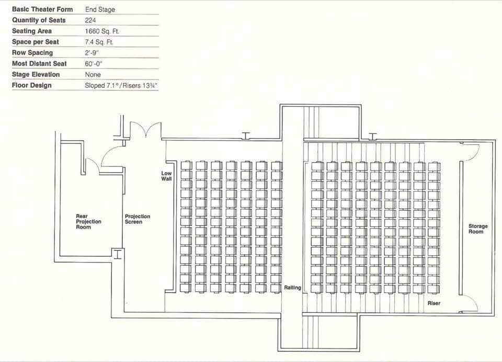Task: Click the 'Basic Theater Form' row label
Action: tap(42, 9)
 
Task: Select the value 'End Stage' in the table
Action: tap(100, 9)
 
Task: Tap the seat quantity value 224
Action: tap(90, 20)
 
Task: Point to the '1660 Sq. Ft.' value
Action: tap(102, 31)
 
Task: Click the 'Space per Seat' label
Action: tap(36, 42)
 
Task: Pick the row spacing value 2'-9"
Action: tap(92, 53)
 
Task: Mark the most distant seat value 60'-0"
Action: tap(94, 64)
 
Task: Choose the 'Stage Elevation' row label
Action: tap(36, 74)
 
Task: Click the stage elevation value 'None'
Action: tap(93, 75)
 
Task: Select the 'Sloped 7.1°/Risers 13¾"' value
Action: tap(121, 86)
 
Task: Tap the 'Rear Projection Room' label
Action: tap(88, 221)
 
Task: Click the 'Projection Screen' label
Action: tap(138, 219)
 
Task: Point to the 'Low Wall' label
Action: tap(166, 176)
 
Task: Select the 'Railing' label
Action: tap(293, 288)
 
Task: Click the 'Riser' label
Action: tap(434, 303)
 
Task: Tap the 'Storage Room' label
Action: tap(478, 229)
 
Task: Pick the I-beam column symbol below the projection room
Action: tap(118, 254)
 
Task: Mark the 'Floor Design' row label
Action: tap(32, 85)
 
